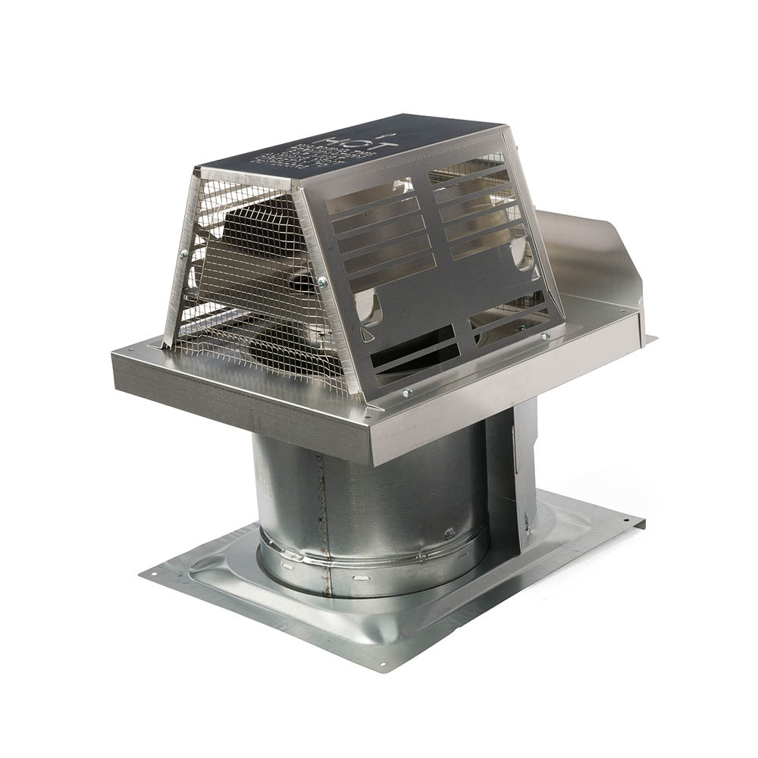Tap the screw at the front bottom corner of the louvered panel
[x=408, y=392]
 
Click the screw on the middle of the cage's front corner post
[x=322, y=282]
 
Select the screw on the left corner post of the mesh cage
[x=182, y=256]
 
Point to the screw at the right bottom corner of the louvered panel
[x=544, y=335]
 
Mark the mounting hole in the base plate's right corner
[x=631, y=522]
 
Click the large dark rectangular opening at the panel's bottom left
[x=413, y=352]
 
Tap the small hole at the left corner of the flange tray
[x=128, y=351]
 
